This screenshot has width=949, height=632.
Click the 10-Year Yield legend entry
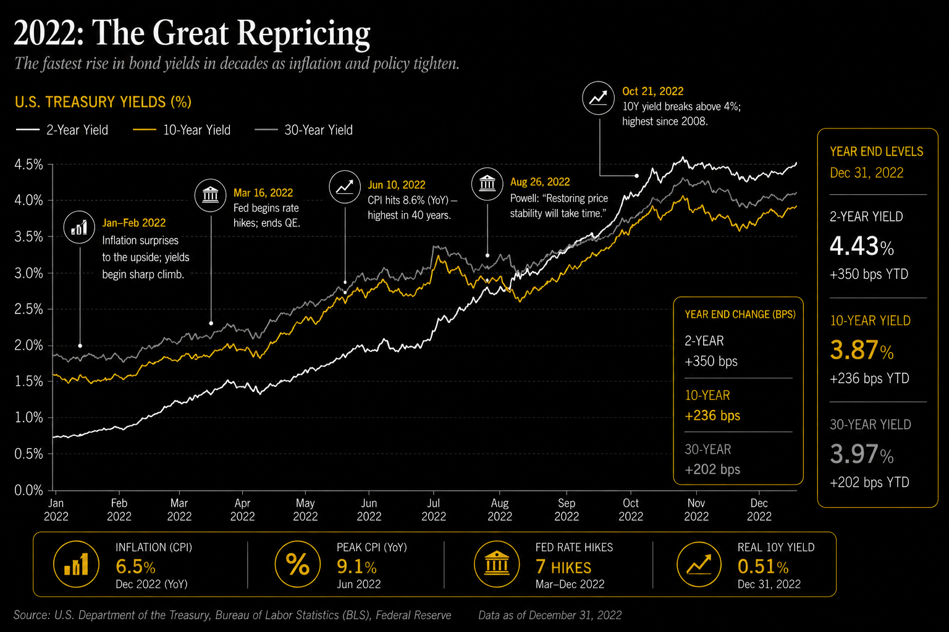click(182, 130)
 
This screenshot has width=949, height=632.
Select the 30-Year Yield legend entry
click(303, 130)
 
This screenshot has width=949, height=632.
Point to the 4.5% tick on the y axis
click(29, 164)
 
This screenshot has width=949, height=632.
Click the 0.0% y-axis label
click(29, 490)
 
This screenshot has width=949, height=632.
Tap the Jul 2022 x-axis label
click(433, 510)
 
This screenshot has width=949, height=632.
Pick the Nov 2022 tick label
click(696, 510)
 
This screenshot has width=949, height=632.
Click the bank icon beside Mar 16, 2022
click(210, 195)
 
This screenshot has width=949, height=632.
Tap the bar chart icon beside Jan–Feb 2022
click(79, 227)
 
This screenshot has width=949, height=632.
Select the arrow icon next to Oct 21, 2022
click(598, 98)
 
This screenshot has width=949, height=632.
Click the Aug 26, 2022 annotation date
click(540, 182)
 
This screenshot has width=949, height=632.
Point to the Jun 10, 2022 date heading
click(396, 185)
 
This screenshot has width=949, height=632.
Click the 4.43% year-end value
click(862, 246)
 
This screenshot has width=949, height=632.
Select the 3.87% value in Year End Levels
click(862, 351)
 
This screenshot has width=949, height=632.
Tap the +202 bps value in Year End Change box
click(712, 470)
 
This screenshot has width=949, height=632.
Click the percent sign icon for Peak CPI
click(297, 564)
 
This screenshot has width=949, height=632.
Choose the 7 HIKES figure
click(563, 567)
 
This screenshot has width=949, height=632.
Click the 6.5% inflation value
click(135, 567)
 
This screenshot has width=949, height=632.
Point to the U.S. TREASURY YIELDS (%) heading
click(103, 102)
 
